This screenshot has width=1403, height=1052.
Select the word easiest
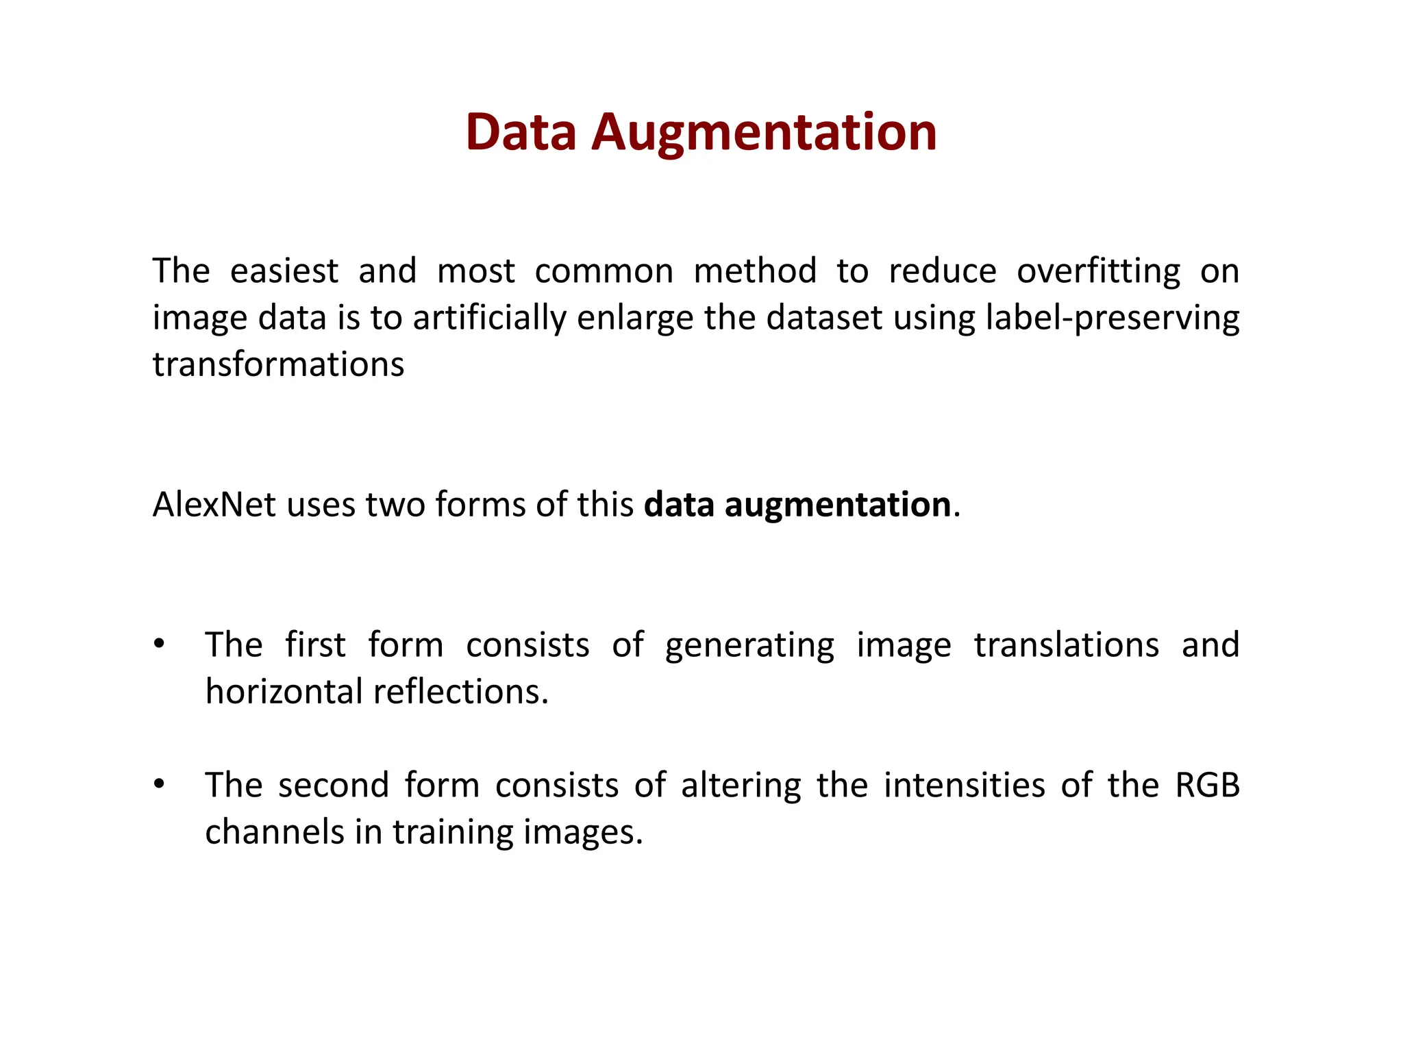coord(284,271)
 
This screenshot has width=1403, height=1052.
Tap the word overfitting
coord(1098,271)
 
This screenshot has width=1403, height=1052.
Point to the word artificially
coord(489,318)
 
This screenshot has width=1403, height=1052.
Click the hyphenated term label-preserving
coord(1112,318)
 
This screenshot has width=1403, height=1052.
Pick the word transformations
coord(278,364)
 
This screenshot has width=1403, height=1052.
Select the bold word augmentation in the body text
coord(837,505)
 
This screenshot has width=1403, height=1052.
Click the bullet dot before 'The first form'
coord(159,644)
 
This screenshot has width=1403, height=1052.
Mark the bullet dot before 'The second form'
coord(159,785)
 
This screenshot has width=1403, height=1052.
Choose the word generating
coord(749,645)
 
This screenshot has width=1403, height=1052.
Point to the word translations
coord(1066,645)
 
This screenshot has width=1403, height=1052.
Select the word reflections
coord(460,692)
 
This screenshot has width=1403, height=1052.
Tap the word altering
coord(741,786)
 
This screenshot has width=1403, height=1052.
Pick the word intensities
coord(964,786)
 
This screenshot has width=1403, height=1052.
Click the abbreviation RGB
coord(1207,786)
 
